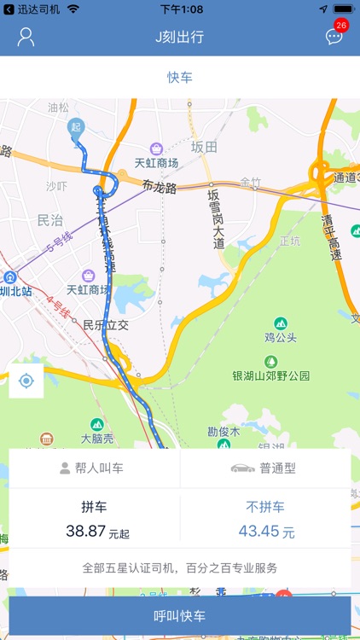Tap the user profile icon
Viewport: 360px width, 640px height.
click(x=26, y=37)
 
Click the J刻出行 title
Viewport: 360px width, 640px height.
click(x=179, y=37)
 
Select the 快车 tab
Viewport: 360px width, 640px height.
click(x=179, y=77)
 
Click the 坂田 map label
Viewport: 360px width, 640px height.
click(x=204, y=147)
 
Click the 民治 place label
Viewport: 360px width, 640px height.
click(x=50, y=220)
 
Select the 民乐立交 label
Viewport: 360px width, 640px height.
click(x=105, y=325)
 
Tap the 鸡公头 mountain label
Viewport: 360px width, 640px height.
click(x=281, y=337)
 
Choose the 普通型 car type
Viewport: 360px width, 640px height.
click(x=265, y=468)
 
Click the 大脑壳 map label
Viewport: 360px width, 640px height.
click(x=96, y=439)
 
